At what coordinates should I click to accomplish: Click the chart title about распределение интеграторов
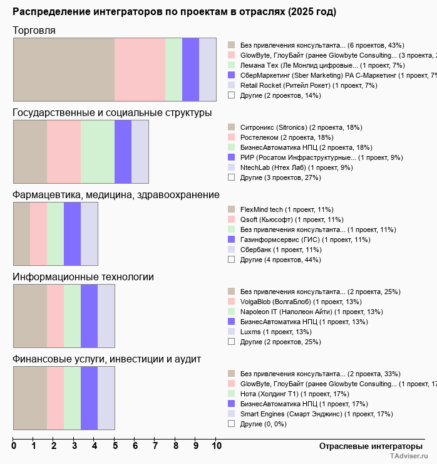click(174, 12)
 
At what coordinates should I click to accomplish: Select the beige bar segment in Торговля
click(64, 69)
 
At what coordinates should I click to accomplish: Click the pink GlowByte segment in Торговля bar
click(140, 69)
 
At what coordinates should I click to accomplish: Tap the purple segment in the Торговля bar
click(190, 69)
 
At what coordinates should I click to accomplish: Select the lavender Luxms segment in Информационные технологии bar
click(106, 315)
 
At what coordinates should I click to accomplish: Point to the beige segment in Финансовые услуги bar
click(30, 398)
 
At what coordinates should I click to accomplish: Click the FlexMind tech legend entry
click(287, 209)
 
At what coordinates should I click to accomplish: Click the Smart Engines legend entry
click(316, 414)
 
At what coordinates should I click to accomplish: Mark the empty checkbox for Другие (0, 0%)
click(231, 424)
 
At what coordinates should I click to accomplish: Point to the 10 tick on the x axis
click(217, 446)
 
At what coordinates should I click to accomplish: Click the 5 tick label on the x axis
click(115, 446)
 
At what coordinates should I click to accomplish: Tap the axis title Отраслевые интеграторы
click(367, 446)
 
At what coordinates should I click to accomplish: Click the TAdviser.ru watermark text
click(409, 457)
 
